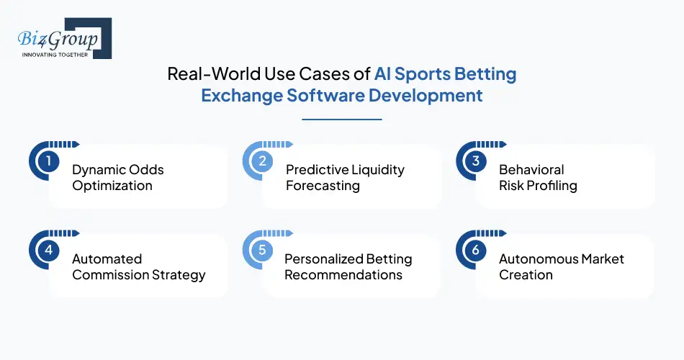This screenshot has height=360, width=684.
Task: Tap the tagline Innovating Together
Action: click(55, 55)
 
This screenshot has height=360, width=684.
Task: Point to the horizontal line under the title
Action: click(341, 120)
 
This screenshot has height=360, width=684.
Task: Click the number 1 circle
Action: click(48, 161)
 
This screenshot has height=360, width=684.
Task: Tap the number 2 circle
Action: click(262, 161)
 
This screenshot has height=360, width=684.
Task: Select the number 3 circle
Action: click(475, 161)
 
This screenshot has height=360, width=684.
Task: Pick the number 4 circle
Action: click(48, 251)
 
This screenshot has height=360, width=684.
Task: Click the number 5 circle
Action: click(262, 251)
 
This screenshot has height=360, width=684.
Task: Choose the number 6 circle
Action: click(475, 251)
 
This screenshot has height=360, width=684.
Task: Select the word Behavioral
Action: click(531, 170)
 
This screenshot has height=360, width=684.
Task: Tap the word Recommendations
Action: click(343, 275)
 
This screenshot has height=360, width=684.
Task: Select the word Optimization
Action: click(112, 186)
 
